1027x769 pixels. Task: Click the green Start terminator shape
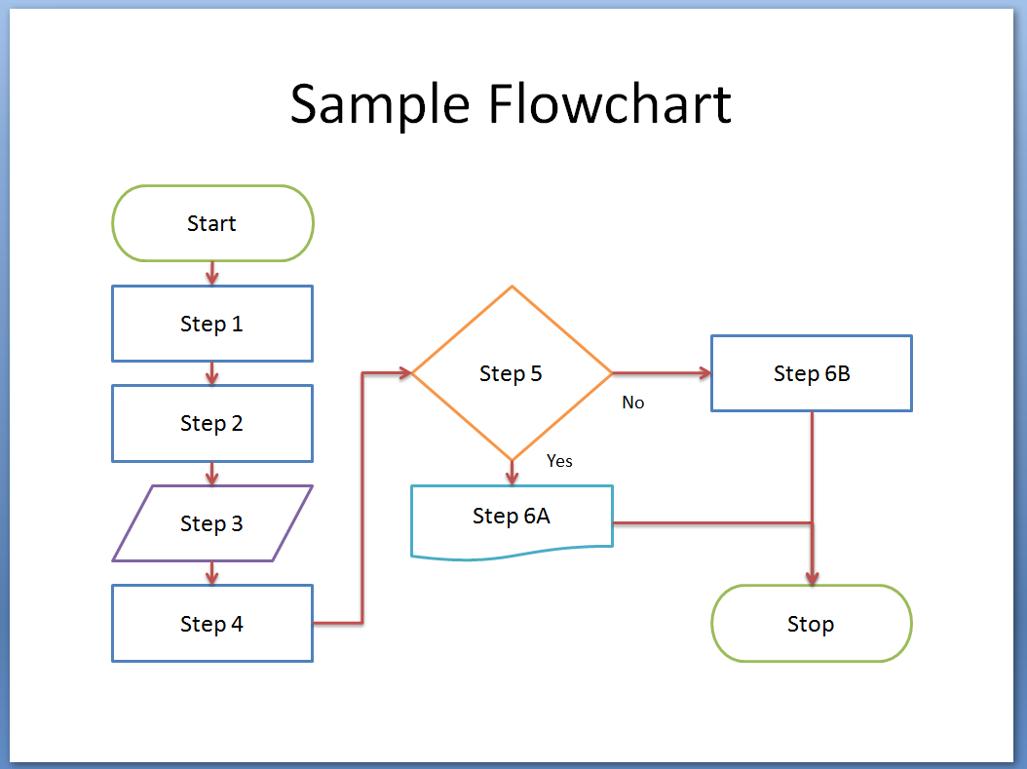(x=212, y=223)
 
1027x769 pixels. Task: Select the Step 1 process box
(x=212, y=324)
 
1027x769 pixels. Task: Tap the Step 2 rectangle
(x=212, y=423)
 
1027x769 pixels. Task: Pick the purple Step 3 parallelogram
(x=212, y=523)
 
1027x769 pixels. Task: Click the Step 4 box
(x=212, y=624)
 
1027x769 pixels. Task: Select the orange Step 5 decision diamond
(x=511, y=373)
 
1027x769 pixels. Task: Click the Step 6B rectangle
(x=811, y=373)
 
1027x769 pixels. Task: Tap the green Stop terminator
(x=811, y=624)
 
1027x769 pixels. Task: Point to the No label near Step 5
(x=633, y=403)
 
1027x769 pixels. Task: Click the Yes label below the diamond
(x=559, y=461)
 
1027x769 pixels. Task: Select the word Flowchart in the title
(x=610, y=104)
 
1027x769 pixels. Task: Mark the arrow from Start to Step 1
(x=212, y=274)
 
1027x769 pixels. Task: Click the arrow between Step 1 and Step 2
(x=212, y=373)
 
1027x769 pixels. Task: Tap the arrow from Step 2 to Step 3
(x=212, y=474)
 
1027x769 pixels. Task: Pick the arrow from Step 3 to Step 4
(x=212, y=573)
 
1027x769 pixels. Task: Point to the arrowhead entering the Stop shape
(x=812, y=577)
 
